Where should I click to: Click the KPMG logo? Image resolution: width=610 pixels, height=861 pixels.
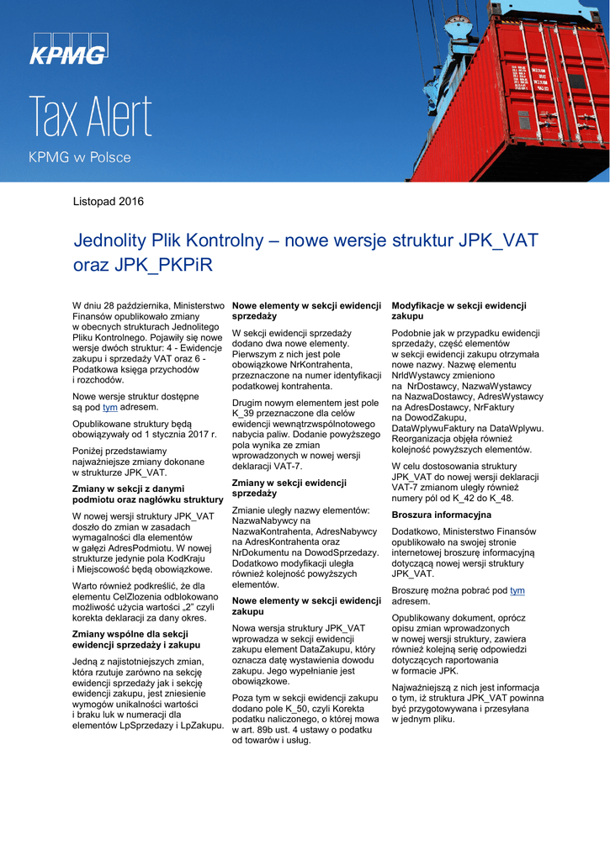point(69,50)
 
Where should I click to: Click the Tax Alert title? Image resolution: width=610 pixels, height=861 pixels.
point(91,117)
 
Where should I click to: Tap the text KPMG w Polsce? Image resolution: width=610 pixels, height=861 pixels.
point(80,157)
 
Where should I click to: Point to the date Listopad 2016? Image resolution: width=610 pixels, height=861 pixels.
point(109,202)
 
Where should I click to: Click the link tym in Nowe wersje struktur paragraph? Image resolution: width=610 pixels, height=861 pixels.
point(109,407)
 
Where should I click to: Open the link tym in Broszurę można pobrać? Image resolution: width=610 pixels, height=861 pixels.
point(517,591)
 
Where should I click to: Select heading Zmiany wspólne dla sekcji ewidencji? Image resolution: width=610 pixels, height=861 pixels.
point(136,639)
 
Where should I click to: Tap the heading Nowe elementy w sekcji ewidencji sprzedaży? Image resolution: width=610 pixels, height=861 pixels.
point(306,310)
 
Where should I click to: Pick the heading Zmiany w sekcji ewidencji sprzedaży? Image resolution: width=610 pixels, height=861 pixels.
point(289,488)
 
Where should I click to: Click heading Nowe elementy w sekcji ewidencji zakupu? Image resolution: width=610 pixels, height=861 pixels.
point(306,605)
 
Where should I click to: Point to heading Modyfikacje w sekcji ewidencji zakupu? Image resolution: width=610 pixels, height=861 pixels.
point(459,310)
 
